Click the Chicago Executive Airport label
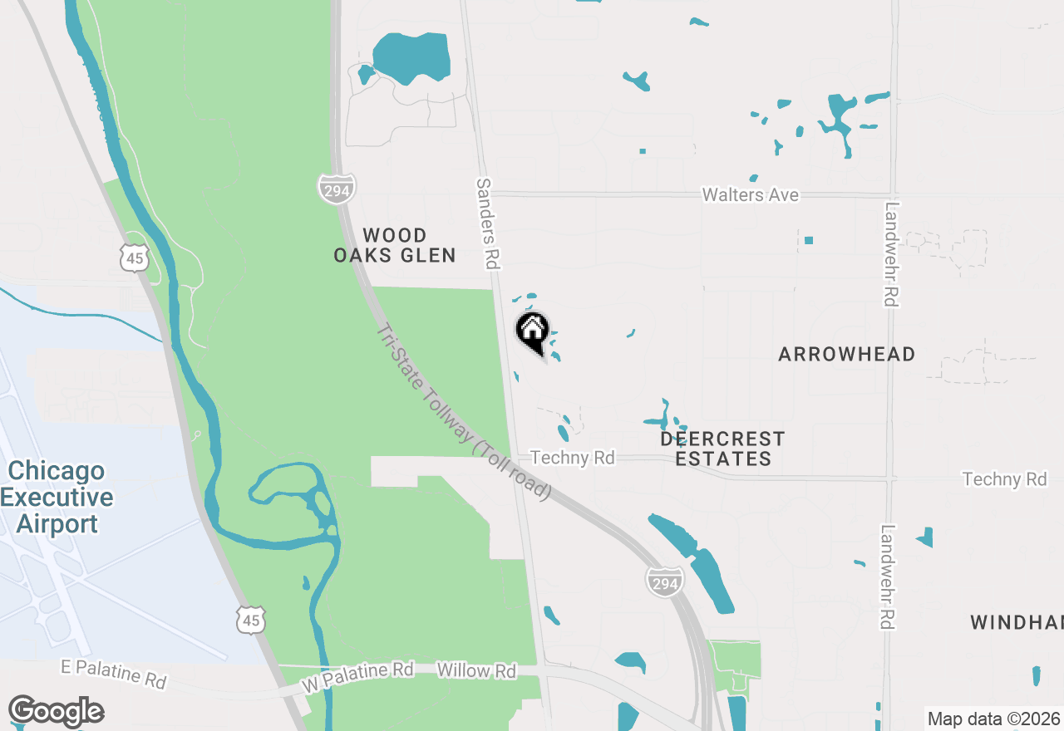[57, 498]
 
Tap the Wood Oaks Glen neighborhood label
[395, 245]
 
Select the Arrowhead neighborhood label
[846, 354]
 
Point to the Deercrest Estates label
[722, 449]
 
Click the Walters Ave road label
[750, 195]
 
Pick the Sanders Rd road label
[486, 223]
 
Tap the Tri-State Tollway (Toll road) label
[463, 412]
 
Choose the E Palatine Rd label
[114, 674]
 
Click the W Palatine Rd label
[357, 677]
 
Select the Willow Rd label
[475, 670]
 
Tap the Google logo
[56, 712]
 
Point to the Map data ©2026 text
[993, 719]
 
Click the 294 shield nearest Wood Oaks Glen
[337, 189]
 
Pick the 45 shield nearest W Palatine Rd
[250, 620]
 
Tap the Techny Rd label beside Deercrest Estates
[572, 458]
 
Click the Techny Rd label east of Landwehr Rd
[1004, 479]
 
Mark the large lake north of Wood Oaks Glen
[411, 56]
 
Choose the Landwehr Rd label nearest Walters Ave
[891, 254]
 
